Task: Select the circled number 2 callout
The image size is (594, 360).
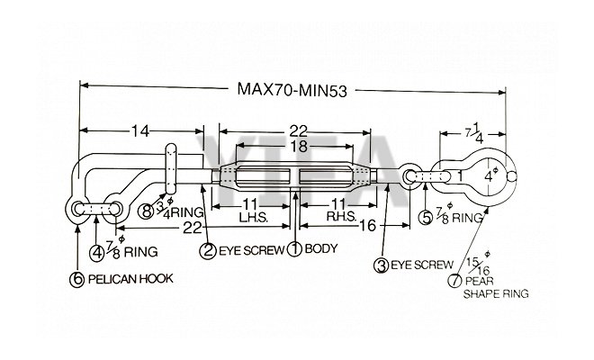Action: coord(207,250)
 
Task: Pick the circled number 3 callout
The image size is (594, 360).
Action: coord(381,265)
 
